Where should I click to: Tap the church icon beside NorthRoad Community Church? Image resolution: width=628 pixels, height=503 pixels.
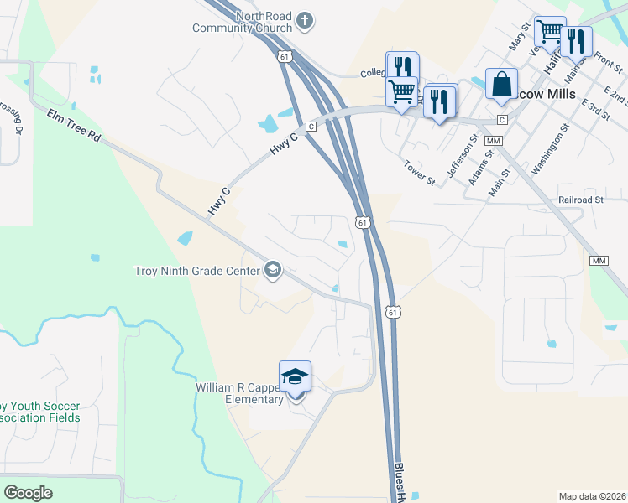click(305, 19)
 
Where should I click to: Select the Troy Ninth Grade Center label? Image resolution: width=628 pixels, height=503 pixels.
click(197, 271)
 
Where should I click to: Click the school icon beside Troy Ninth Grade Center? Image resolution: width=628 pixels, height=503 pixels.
click(272, 270)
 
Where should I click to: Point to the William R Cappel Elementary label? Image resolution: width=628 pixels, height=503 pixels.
click(239, 394)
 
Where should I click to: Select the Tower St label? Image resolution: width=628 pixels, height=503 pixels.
click(419, 174)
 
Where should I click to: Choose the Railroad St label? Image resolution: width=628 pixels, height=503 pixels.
click(581, 200)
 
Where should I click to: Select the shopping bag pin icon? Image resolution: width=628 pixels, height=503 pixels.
click(501, 84)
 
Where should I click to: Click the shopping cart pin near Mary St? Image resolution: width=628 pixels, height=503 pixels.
click(549, 32)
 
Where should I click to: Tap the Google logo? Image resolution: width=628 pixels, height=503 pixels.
click(28, 492)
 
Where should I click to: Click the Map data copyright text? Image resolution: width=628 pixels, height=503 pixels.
click(592, 495)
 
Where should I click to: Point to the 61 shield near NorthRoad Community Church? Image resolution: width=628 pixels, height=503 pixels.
click(285, 56)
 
